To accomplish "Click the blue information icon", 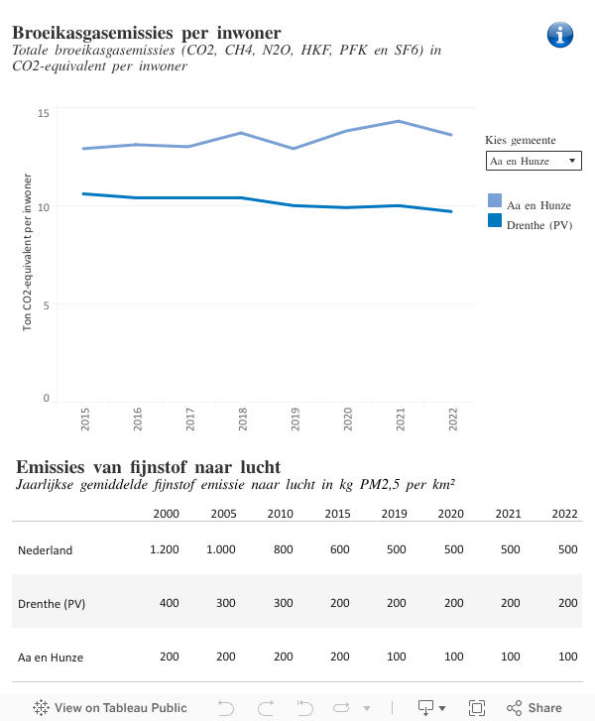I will tap(560, 35).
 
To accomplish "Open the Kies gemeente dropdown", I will tap(534, 161).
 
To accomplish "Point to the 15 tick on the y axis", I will tap(44, 113).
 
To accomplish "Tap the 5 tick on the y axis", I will tap(47, 304).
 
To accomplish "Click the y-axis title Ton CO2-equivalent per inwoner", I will tap(28, 251).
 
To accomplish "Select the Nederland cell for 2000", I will tap(165, 550).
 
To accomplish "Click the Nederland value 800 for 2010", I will tap(284, 550).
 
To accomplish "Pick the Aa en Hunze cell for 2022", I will tap(567, 658).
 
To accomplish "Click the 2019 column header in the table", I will tap(395, 514).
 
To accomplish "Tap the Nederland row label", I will tap(46, 550).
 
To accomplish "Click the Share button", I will tap(535, 708).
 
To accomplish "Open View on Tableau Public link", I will tap(110, 708).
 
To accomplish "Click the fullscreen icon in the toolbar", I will tap(477, 708).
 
